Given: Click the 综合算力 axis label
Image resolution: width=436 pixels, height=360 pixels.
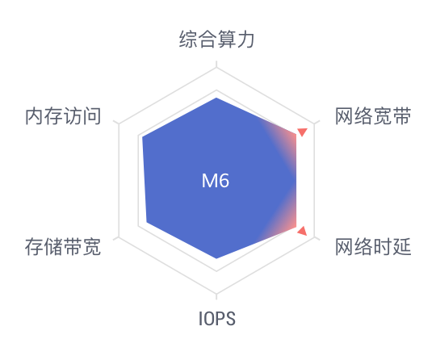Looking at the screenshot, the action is [x=216, y=40].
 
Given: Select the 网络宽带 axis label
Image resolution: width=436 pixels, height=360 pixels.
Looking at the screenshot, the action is [x=373, y=116].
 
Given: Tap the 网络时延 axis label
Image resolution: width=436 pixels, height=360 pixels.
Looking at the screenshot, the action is [x=373, y=246].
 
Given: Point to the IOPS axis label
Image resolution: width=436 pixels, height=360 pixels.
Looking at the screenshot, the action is [x=217, y=319].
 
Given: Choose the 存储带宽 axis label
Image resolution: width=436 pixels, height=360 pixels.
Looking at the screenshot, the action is [x=62, y=246].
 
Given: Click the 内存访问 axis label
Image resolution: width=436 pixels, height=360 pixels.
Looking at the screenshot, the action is [x=63, y=116].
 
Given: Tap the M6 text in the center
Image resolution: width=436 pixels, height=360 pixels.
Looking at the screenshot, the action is [x=216, y=181].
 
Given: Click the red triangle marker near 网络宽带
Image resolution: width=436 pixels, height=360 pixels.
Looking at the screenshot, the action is [x=302, y=132].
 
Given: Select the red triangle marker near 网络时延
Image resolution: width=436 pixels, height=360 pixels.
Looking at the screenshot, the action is [x=302, y=232].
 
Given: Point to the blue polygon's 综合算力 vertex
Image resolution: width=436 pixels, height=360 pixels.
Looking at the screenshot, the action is [x=216, y=98].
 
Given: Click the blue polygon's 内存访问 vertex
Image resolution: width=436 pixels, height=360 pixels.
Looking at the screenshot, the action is [x=142, y=137].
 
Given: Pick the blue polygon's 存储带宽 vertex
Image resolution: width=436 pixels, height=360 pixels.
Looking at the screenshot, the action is [x=146, y=223].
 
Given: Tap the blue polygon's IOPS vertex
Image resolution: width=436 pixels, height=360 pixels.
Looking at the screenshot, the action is [x=216, y=258].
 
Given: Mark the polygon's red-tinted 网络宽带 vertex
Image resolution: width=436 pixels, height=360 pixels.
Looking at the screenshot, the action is [x=296, y=135].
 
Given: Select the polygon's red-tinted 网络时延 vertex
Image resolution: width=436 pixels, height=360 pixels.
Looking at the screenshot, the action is [x=296, y=228].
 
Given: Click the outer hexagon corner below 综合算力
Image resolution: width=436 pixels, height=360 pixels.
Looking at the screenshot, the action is [x=216, y=67].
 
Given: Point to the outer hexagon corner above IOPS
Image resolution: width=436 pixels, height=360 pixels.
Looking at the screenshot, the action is [x=216, y=294].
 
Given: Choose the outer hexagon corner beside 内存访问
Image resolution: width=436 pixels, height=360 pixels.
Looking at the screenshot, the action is [x=119, y=123].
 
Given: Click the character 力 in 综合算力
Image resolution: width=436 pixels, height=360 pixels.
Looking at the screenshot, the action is [x=245, y=40].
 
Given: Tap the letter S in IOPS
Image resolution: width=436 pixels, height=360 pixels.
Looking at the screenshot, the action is [x=230, y=319].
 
